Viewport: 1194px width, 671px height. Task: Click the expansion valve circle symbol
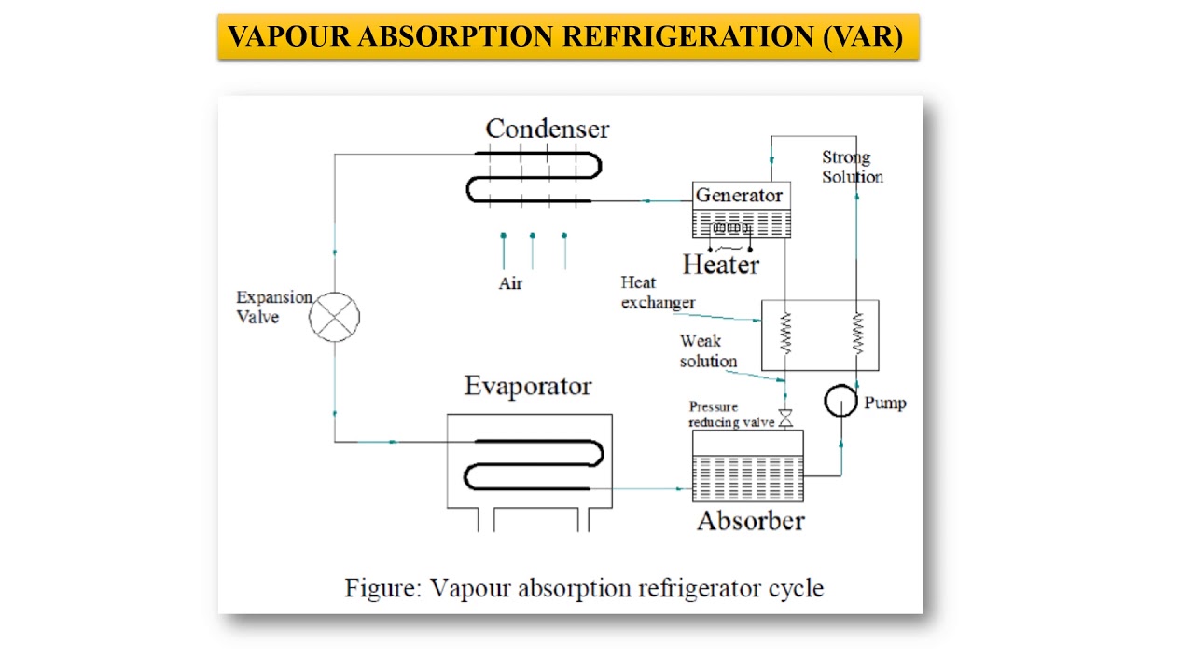click(x=334, y=316)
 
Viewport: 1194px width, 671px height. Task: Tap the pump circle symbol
click(x=840, y=401)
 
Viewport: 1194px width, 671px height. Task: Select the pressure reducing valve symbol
click(x=785, y=419)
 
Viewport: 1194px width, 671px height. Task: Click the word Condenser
click(x=547, y=129)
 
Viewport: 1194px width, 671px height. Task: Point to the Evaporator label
click(x=528, y=386)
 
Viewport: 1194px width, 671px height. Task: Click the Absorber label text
click(x=750, y=521)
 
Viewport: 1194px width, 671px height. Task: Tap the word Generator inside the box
click(x=739, y=196)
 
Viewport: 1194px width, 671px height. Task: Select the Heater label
click(x=720, y=265)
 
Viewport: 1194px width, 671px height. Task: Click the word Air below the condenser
click(x=510, y=283)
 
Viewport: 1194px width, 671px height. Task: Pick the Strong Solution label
click(x=851, y=167)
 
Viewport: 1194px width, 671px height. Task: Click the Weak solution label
click(x=708, y=351)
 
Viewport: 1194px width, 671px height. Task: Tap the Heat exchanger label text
click(x=657, y=293)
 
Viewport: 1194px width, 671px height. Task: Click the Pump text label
click(x=884, y=404)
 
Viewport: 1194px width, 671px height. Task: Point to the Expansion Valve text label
click(x=272, y=307)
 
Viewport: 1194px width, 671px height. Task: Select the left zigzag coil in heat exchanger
click(x=785, y=334)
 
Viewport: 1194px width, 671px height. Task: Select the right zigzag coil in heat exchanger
click(x=856, y=334)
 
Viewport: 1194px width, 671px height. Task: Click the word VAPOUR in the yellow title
click(x=289, y=37)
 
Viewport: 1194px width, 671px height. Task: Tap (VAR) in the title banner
click(x=863, y=37)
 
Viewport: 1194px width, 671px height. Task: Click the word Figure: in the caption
click(x=383, y=588)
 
